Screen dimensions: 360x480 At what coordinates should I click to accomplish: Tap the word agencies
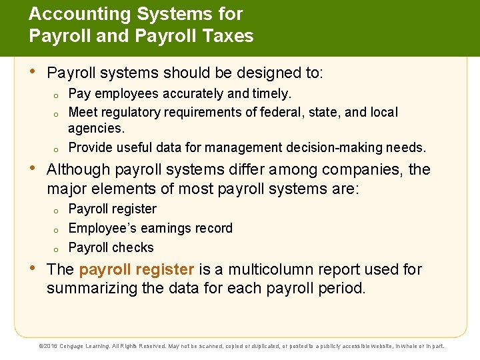[96, 127]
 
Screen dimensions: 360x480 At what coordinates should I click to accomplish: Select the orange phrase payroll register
[136, 269]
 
